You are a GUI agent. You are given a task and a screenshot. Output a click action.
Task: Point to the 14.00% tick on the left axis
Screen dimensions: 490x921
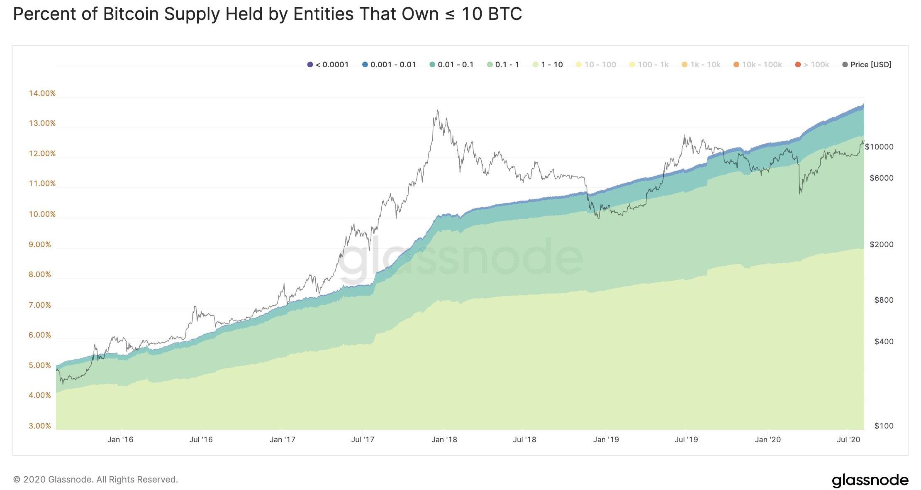point(42,93)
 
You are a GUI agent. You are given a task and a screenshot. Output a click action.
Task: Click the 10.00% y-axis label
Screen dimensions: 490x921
point(42,214)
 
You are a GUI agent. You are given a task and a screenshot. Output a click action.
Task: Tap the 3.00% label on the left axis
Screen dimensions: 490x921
point(40,426)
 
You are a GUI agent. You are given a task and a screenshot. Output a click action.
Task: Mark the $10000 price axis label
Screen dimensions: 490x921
point(879,147)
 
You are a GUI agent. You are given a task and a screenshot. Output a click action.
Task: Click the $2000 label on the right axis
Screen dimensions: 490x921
point(881,245)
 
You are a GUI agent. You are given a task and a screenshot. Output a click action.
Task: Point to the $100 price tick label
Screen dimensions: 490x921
point(884,426)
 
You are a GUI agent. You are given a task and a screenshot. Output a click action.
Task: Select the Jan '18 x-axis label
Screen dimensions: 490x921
point(444,440)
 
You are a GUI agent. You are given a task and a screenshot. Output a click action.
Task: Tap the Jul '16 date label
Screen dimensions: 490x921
point(201,440)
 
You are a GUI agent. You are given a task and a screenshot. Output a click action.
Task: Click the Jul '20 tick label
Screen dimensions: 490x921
point(848,440)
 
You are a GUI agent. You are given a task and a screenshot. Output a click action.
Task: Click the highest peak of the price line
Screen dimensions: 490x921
point(437,110)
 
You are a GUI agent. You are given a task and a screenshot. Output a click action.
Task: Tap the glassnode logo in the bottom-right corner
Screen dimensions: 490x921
point(870,480)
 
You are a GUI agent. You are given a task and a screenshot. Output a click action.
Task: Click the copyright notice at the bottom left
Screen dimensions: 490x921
point(95,480)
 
